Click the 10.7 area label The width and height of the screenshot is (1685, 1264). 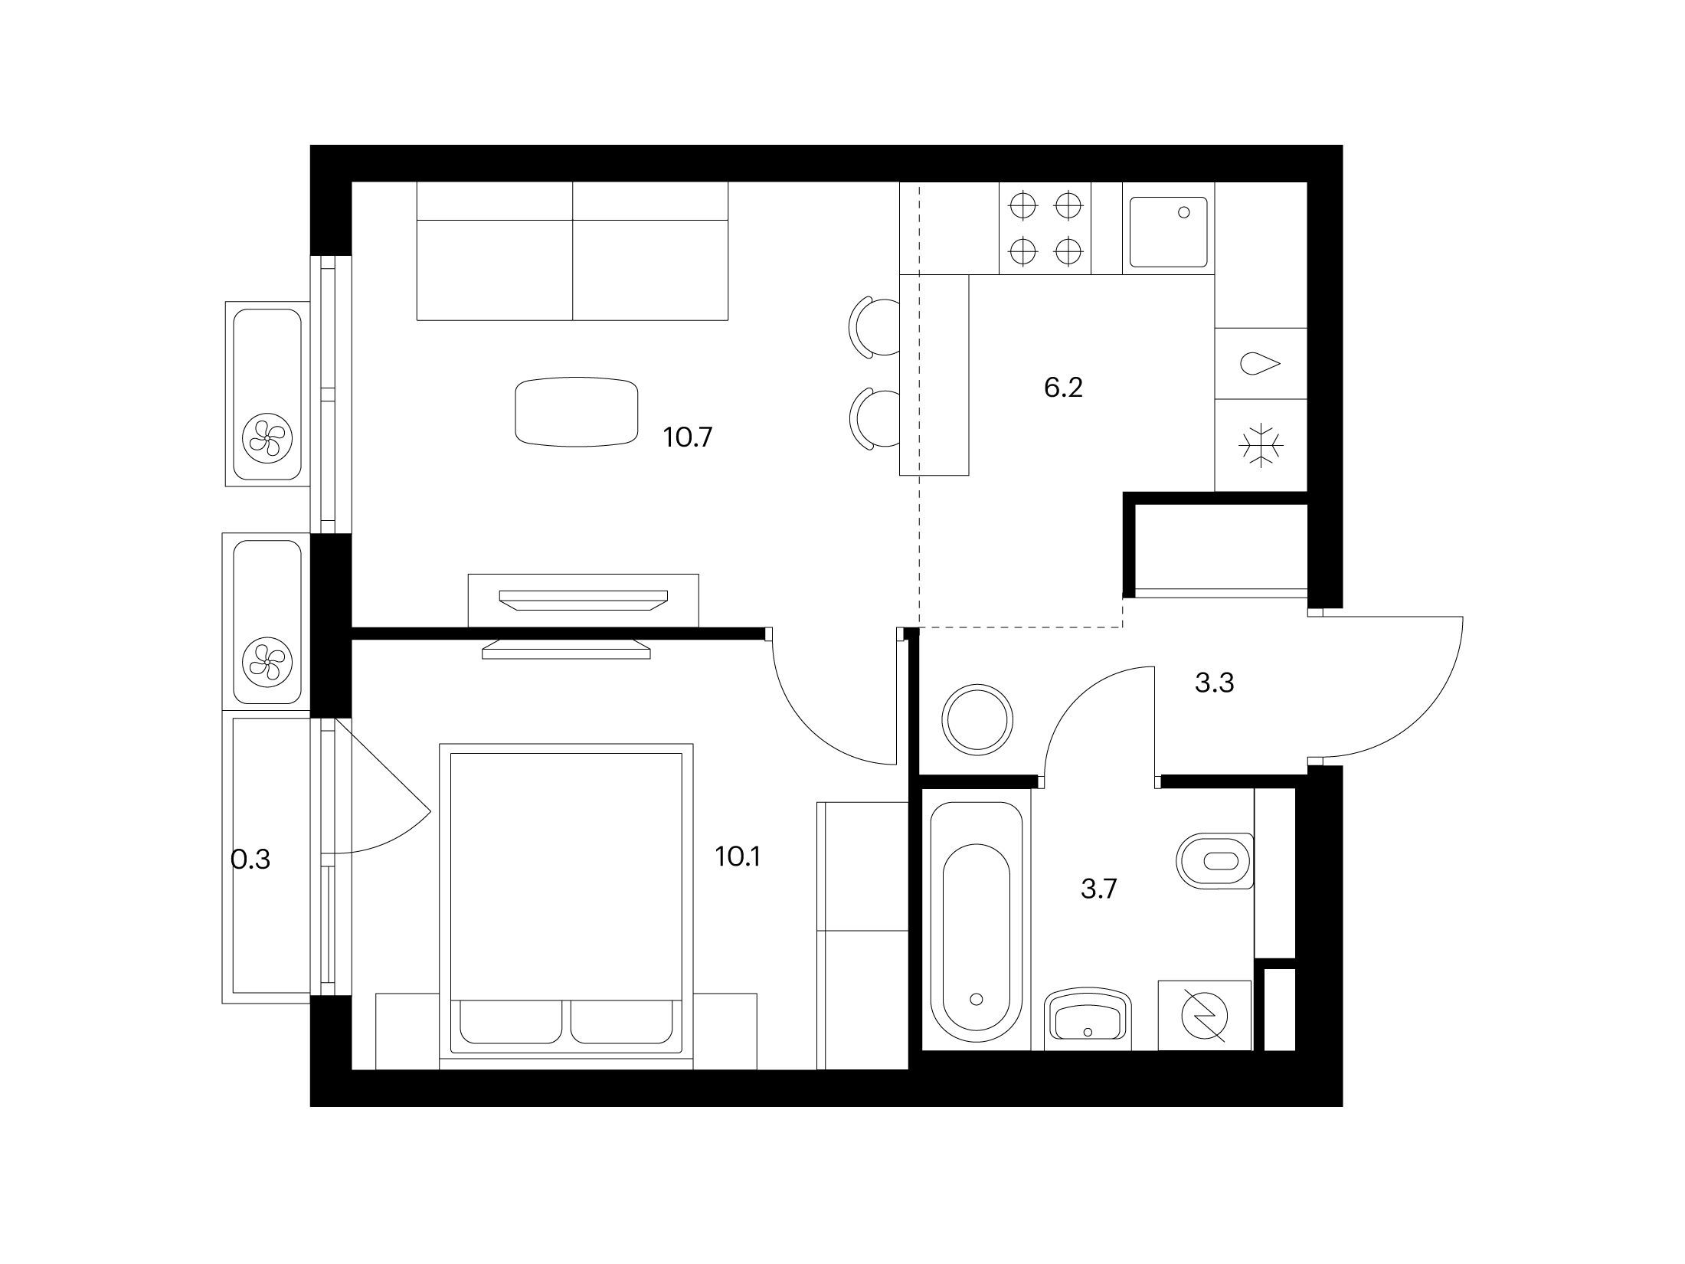[x=688, y=438]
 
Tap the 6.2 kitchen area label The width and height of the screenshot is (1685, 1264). [x=1063, y=388]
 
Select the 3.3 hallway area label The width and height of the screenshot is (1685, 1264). [x=1214, y=683]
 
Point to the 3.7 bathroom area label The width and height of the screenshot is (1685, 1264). [x=1099, y=889]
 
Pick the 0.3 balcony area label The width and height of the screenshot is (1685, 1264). [x=250, y=860]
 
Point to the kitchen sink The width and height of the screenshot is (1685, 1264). [x=1168, y=232]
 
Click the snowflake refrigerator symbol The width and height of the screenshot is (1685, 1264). [x=1260, y=445]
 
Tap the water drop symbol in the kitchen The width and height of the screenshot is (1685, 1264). [x=1258, y=363]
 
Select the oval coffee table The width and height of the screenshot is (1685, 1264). [x=577, y=412]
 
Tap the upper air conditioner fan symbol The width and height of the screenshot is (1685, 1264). [x=267, y=437]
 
